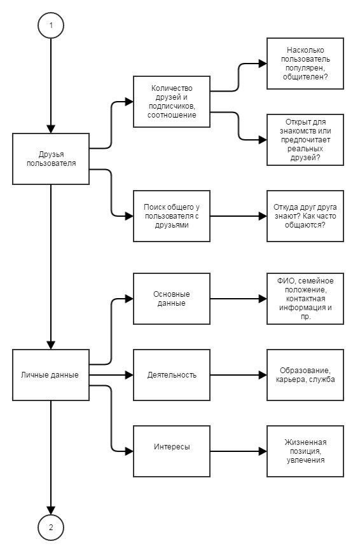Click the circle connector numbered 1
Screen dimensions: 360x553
tap(51, 25)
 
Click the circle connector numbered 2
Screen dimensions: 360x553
tap(51, 527)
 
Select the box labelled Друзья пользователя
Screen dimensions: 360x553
tap(51, 159)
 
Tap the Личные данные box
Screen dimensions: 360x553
tap(51, 375)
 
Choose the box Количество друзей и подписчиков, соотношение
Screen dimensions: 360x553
tap(172, 102)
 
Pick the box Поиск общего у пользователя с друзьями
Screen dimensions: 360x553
tap(172, 216)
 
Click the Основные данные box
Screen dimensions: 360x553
tap(172, 299)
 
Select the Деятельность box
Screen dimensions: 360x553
tap(172, 375)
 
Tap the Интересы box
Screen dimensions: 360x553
tap(172, 451)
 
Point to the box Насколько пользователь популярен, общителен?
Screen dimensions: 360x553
tap(305, 64)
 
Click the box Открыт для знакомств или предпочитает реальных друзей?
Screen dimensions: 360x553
tap(305, 140)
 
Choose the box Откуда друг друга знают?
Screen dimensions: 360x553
tap(305, 216)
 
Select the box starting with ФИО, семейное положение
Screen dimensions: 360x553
tap(305, 299)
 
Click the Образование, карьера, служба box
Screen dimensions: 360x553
tap(305, 375)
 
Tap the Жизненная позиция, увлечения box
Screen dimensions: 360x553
tap(305, 451)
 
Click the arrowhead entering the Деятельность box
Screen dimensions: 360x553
tap(129, 375)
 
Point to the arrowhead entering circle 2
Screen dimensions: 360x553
tap(51, 510)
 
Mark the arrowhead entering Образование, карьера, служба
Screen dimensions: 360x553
tap(263, 375)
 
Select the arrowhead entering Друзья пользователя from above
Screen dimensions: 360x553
tap(51, 129)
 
